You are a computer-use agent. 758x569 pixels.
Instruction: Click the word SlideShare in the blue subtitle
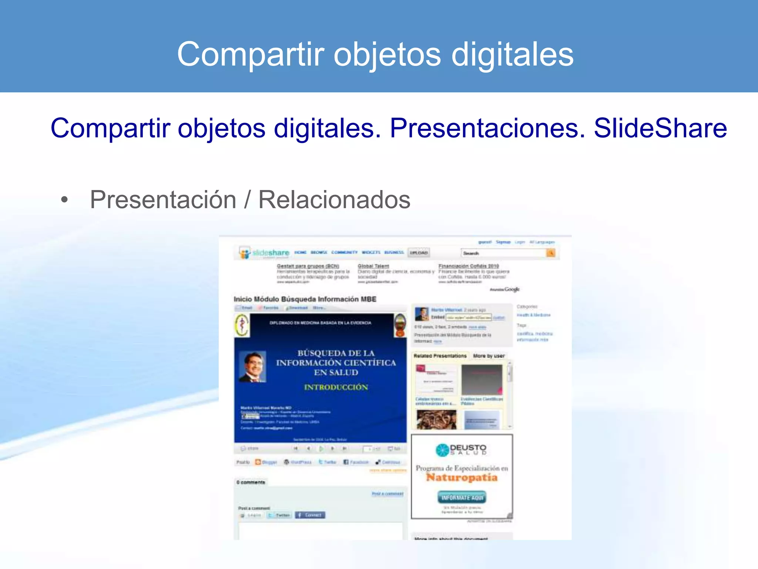tap(660, 128)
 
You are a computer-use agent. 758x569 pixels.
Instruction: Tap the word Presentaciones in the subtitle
tap(487, 128)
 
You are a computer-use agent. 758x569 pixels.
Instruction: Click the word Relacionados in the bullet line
tap(334, 200)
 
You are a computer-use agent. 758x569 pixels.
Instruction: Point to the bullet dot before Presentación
tap(65, 200)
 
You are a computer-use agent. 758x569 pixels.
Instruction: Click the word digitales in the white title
tap(512, 54)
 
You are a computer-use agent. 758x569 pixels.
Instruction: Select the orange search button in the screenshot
tap(551, 253)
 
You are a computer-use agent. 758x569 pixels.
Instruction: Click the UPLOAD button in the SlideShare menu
tap(419, 253)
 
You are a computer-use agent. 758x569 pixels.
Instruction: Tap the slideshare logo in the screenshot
tap(264, 253)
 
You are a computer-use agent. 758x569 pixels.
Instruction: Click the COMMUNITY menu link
tap(344, 252)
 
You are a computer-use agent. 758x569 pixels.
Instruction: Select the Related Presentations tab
tap(440, 356)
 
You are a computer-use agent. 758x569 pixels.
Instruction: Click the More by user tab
tap(489, 356)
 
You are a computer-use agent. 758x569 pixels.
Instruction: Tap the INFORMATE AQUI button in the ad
tap(462, 498)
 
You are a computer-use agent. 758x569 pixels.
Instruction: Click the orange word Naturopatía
tap(462, 478)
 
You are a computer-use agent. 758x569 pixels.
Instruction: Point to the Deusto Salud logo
tap(461, 450)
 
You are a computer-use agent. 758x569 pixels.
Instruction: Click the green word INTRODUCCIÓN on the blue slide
tap(336, 387)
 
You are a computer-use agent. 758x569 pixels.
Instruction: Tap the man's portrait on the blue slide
tap(252, 366)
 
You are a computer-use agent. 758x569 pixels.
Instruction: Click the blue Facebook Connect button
tap(310, 515)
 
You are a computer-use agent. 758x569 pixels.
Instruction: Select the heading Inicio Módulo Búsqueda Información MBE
tap(305, 299)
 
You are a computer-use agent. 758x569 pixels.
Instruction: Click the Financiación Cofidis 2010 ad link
tap(469, 266)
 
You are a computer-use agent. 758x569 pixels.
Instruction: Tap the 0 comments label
tap(251, 482)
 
